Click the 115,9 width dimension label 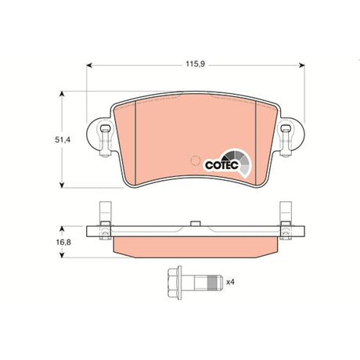click(x=196, y=63)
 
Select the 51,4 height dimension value click(x=63, y=140)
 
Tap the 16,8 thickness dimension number click(x=63, y=243)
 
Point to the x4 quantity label click(x=230, y=282)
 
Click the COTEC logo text click(x=221, y=165)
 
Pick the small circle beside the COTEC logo click(x=195, y=160)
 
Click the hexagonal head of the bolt click(x=175, y=283)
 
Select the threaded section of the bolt click(x=213, y=283)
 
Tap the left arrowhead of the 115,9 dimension click(x=89, y=65)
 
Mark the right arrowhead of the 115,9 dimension click(x=302, y=65)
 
